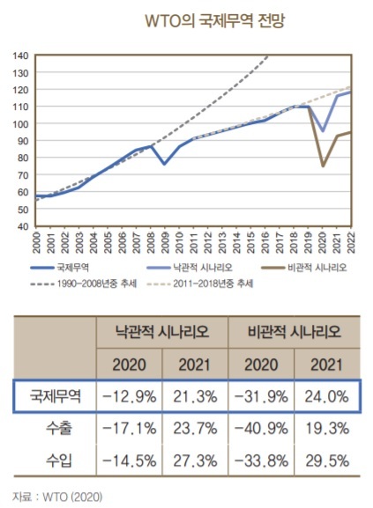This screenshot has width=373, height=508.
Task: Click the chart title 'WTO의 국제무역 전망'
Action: click(214, 21)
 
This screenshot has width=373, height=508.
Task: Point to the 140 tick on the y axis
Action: click(21, 55)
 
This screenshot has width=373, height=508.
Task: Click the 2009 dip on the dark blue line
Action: click(164, 164)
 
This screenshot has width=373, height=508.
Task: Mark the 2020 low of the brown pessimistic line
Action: click(323, 166)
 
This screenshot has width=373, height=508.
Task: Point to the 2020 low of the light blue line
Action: click(323, 131)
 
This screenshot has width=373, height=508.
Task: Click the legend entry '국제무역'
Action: click(60, 268)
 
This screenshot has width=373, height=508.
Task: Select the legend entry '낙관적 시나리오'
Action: click(189, 268)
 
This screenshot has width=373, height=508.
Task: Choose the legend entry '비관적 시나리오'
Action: click(304, 268)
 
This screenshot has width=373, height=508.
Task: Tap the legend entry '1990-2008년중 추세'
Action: click(84, 283)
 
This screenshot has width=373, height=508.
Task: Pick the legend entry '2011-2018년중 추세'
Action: click(199, 283)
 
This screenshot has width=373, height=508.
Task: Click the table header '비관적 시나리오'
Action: click(295, 332)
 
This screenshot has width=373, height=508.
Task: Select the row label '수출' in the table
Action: click(59, 429)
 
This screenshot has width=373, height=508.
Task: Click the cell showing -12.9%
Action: click(129, 396)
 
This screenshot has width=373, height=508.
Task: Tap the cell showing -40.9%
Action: click(261, 429)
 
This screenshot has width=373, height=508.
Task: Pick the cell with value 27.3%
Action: click(195, 460)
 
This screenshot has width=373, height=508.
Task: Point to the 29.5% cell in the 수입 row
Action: click(327, 460)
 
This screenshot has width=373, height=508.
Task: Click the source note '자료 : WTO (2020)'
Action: click(57, 497)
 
